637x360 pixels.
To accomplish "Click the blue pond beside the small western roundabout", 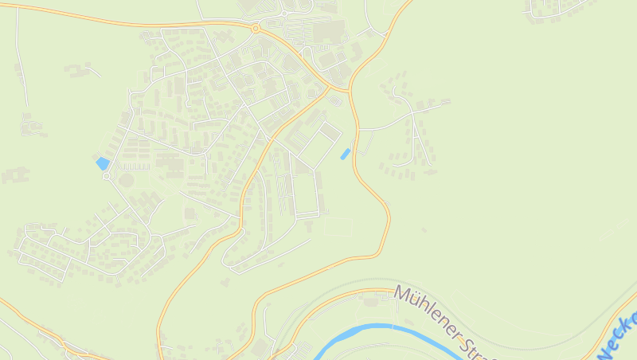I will pyautogui.click(x=102, y=163).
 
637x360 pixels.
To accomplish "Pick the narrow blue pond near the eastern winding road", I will pyautogui.click(x=345, y=154).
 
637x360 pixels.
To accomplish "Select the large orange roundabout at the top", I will pyautogui.click(x=256, y=29).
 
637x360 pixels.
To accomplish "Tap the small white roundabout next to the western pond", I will pyautogui.click(x=106, y=177).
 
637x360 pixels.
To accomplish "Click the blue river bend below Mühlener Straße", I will pyautogui.click(x=374, y=327).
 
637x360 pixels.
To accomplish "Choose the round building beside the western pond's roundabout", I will pyautogui.click(x=126, y=181).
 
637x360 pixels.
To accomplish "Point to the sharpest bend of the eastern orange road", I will pyautogui.click(x=387, y=211).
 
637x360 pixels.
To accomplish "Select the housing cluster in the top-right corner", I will pyautogui.click(x=557, y=8).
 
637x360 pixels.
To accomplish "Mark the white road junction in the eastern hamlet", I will pyautogui.click(x=413, y=113).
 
